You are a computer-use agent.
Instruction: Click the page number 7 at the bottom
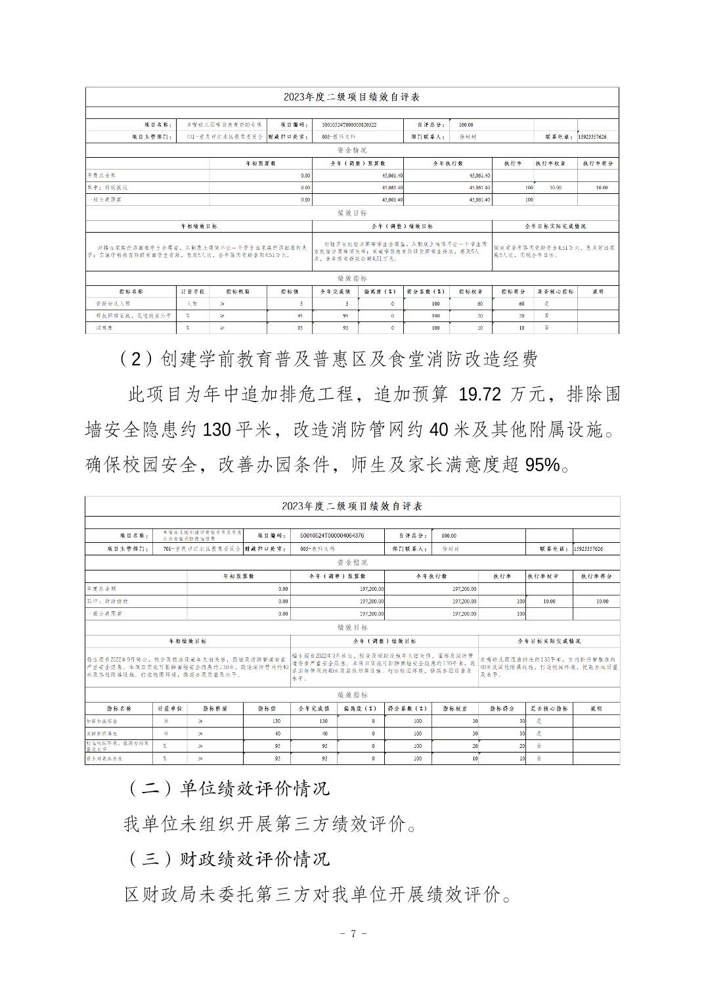[353, 933]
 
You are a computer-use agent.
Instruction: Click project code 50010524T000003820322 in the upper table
[349, 125]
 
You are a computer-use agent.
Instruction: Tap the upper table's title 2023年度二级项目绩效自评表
[351, 97]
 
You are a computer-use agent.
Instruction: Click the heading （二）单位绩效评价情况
[227, 788]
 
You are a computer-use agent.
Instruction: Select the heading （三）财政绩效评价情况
[227, 858]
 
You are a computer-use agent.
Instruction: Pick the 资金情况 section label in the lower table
[352, 563]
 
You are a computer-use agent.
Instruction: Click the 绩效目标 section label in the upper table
[351, 214]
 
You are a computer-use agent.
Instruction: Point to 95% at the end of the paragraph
[543, 465]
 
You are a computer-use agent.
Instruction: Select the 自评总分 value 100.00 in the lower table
[449, 536]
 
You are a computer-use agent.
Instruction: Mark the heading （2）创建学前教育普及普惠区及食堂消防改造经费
[330, 359]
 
